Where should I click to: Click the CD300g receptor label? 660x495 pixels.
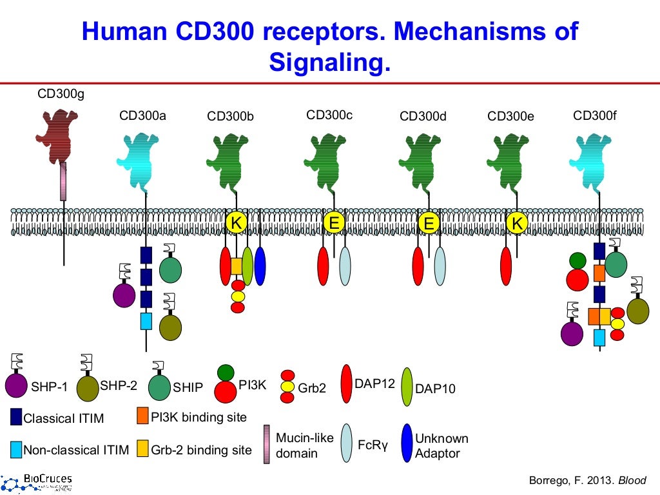pos(61,95)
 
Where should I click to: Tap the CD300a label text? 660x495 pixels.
pos(142,116)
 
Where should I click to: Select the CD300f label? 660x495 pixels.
pos(595,116)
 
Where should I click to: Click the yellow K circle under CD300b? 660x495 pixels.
pos(237,223)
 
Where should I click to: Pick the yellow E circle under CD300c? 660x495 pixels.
pos(333,223)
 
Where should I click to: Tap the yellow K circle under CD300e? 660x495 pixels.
pos(516,223)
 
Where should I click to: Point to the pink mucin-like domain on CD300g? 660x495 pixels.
pos(63,181)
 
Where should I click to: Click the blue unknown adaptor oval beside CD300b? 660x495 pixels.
pos(260,266)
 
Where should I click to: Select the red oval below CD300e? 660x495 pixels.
pos(506,266)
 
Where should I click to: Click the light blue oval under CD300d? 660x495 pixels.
pos(440,266)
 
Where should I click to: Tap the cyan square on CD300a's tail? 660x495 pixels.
pos(146,321)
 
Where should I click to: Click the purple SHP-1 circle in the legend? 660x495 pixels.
pos(16,385)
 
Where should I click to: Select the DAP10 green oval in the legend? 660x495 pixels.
pos(407,387)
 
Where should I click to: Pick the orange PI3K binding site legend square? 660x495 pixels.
pos(143,416)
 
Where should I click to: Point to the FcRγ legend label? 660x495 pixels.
pos(373,445)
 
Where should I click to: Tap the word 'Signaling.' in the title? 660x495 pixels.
pos(329,63)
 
